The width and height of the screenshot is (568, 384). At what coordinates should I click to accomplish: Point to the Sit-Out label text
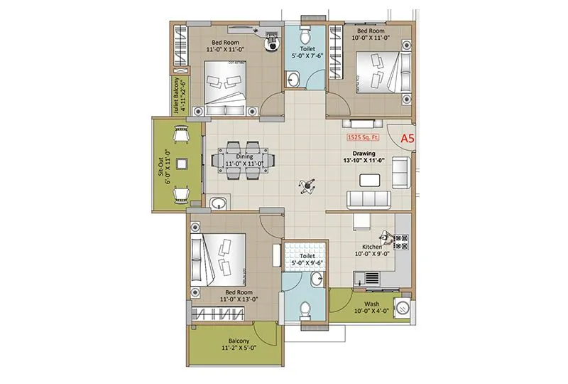coord(163,166)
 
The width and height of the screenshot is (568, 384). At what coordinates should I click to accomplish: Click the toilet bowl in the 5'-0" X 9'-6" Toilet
coord(304,310)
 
